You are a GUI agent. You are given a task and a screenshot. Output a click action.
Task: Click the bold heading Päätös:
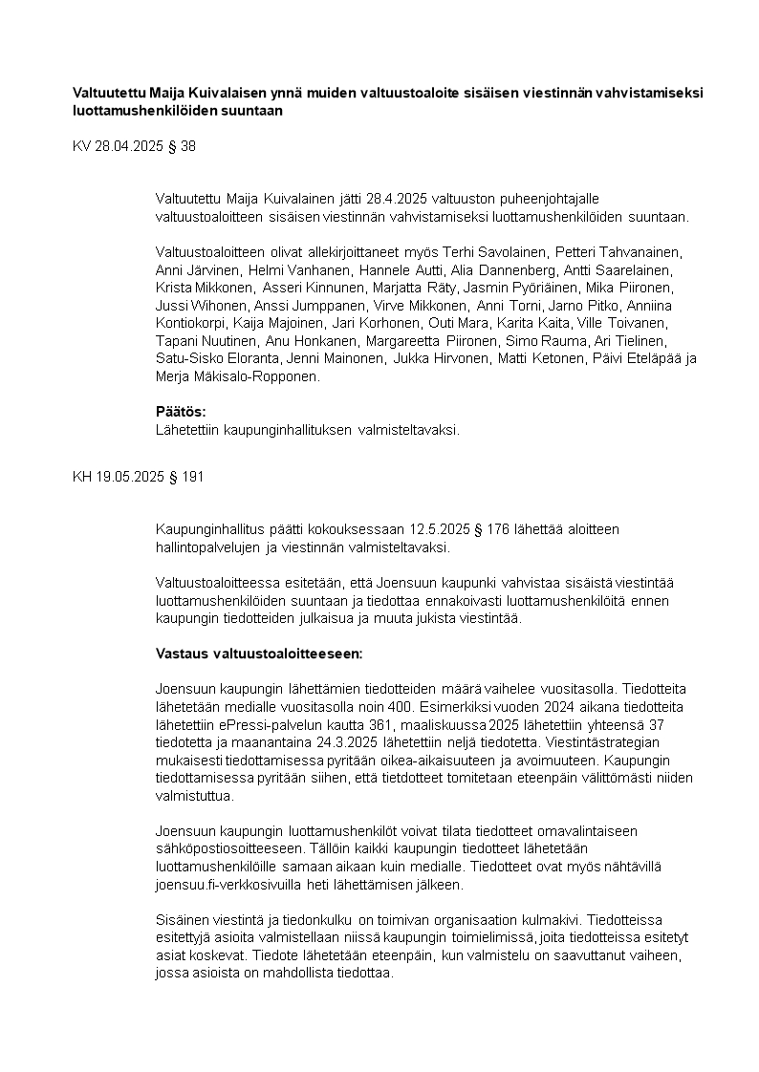pyautogui.click(x=181, y=412)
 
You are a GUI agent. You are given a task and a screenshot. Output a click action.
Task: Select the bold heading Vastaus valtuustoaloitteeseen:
pyautogui.click(x=258, y=654)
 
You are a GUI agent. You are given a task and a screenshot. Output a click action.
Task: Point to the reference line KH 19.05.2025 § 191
pyautogui.click(x=138, y=476)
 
